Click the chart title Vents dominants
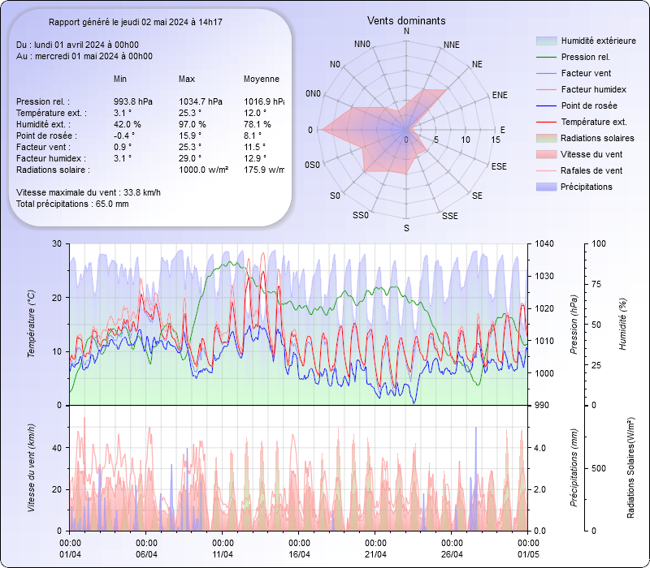[x=406, y=20]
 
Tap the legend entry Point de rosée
[x=588, y=105]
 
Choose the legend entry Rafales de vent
[x=591, y=170]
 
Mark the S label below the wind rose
[x=406, y=229]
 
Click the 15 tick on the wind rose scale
[x=496, y=140]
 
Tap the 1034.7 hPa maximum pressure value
[x=198, y=101]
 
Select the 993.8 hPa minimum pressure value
[x=133, y=101]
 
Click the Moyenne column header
[x=262, y=79]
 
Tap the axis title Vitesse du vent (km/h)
[x=31, y=467]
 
